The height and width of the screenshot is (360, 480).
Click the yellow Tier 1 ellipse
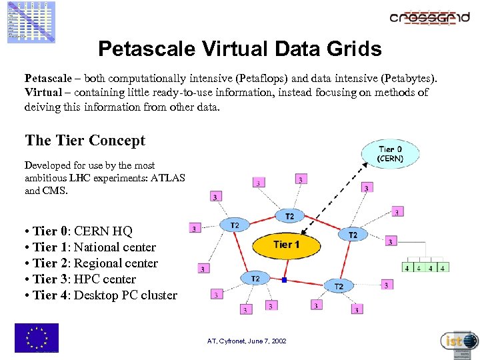[286, 245]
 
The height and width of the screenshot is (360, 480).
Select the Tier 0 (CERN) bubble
[391, 154]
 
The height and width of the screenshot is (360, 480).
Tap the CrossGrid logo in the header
[429, 18]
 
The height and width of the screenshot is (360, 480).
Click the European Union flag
[36, 338]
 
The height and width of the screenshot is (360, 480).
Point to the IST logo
[459, 341]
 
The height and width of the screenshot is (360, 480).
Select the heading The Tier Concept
[85, 141]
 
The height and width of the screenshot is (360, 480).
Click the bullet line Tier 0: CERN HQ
[78, 231]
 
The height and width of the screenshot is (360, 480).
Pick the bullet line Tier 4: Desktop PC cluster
[101, 295]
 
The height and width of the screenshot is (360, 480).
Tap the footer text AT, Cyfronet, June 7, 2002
[247, 341]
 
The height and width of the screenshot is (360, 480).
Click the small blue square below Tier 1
[284, 280]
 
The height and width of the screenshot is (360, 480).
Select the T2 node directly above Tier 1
[289, 217]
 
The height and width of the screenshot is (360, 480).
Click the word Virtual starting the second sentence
[44, 92]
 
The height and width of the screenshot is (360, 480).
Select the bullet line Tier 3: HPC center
[79, 279]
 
